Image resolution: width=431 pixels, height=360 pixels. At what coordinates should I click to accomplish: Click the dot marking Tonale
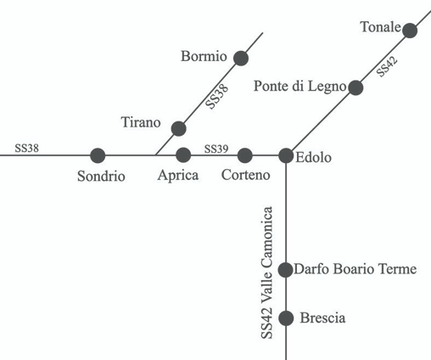(410, 31)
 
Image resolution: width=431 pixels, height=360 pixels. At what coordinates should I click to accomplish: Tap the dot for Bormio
(241, 59)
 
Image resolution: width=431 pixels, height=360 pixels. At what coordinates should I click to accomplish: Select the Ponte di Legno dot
(355, 87)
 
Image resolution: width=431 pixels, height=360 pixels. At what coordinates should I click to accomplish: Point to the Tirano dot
(179, 128)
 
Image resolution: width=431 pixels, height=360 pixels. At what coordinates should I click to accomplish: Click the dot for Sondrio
(98, 155)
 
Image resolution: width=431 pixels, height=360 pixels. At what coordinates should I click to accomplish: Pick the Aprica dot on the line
(183, 155)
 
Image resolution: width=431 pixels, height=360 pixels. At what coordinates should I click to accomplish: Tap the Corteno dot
(245, 155)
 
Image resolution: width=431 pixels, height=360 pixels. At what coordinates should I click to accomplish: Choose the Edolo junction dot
(286, 155)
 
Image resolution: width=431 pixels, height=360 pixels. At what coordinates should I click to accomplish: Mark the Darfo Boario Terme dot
(285, 270)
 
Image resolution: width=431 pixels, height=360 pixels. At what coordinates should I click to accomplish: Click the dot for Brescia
(286, 318)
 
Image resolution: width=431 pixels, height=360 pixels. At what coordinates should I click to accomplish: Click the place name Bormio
(204, 56)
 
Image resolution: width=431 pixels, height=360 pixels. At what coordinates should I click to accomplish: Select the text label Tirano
(141, 122)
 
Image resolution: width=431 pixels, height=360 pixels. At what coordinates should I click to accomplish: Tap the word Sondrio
(101, 176)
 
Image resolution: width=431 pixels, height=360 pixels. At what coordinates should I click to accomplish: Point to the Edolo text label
(313, 157)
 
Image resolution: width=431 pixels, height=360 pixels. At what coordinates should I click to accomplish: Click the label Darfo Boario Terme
(355, 269)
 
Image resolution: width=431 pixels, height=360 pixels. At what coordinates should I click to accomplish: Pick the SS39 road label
(216, 149)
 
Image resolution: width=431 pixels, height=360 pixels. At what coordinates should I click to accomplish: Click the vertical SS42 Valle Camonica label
(266, 273)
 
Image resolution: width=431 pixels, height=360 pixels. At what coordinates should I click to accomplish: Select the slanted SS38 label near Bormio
(216, 96)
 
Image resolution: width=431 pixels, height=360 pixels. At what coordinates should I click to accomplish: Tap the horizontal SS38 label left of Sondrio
(26, 148)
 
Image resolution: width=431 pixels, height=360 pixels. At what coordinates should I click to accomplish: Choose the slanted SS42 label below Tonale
(387, 66)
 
